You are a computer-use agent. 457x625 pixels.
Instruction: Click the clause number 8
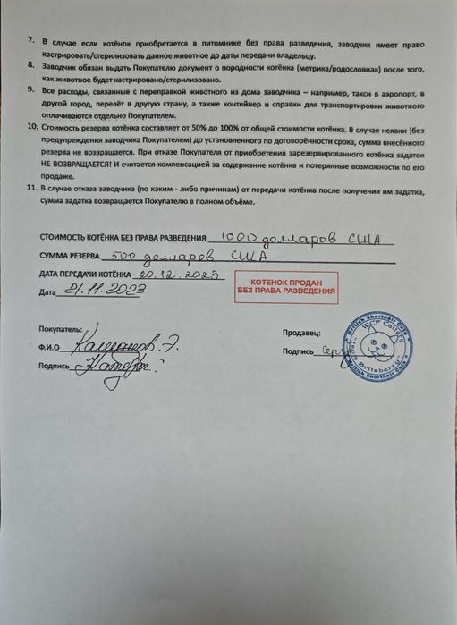[32, 66]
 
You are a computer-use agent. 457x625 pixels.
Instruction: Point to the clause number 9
[32, 90]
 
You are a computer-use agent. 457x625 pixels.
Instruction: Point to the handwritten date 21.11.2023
[96, 290]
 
